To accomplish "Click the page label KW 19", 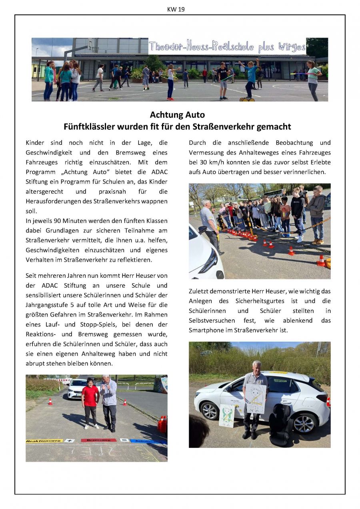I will (176, 9).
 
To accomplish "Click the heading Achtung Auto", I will (177, 115).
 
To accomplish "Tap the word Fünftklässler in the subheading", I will (89, 127).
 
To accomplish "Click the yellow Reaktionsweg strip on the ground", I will (44, 441).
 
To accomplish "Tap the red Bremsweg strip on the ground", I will (98, 440).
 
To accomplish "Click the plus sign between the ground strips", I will (69, 441).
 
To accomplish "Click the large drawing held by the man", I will (256, 398).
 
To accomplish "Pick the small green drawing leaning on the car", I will (227, 415).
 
